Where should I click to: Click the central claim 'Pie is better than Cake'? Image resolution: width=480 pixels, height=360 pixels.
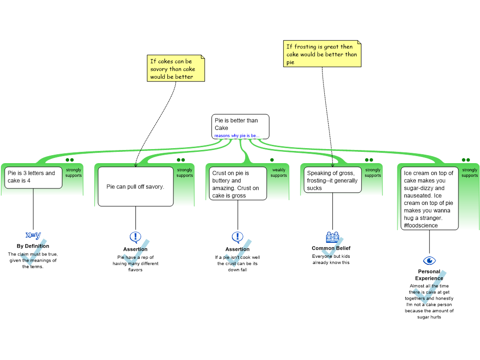240,124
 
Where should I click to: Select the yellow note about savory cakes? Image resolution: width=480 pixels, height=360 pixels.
176,68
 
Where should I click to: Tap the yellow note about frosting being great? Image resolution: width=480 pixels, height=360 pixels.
322,54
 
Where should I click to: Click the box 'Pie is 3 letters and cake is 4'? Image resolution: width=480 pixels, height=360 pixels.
33,177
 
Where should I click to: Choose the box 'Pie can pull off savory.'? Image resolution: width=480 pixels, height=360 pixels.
135,187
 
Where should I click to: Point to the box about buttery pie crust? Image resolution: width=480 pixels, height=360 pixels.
236,184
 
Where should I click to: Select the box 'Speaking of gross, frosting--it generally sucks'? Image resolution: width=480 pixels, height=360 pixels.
332,180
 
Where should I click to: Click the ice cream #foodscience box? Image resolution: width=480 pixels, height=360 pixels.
428,199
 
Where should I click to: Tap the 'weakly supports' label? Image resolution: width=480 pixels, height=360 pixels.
278,173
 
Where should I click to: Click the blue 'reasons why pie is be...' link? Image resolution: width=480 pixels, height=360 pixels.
237,136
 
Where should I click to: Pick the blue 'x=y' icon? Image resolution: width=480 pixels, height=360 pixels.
33,235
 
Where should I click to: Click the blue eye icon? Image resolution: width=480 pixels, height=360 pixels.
429,261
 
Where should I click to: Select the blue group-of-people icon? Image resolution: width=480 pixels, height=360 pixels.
332,237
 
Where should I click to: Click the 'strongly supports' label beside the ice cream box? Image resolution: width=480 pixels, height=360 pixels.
469,173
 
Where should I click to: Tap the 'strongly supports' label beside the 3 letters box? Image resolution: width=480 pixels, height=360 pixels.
74,173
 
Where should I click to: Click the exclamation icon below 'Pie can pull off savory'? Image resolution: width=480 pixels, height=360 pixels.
135,237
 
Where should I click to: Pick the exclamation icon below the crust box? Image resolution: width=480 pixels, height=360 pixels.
237,237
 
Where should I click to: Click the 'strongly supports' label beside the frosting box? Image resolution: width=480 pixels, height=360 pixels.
373,173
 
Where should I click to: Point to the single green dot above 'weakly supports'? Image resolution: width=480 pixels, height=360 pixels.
272,160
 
